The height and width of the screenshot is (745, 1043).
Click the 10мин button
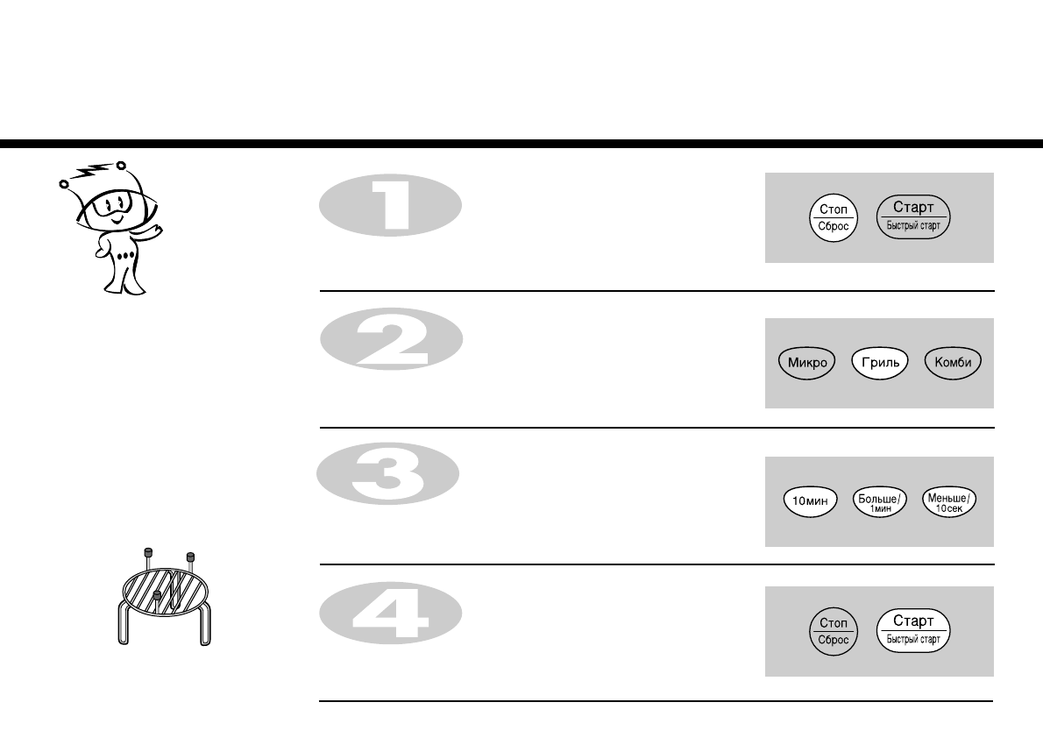tap(802, 501)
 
